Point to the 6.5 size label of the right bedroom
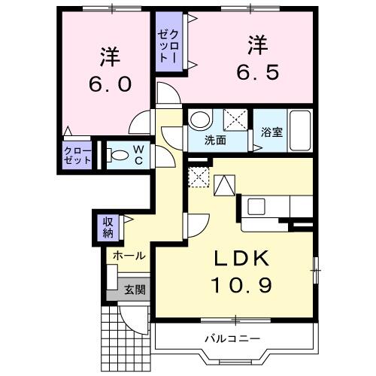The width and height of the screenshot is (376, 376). click(253, 71)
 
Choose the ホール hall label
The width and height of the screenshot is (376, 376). click(129, 256)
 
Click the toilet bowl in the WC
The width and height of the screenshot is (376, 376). click(117, 156)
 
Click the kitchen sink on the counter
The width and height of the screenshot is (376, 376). click(254, 205)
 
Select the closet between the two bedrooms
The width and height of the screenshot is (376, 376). click(168, 44)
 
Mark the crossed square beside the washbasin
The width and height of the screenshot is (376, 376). click(235, 119)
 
